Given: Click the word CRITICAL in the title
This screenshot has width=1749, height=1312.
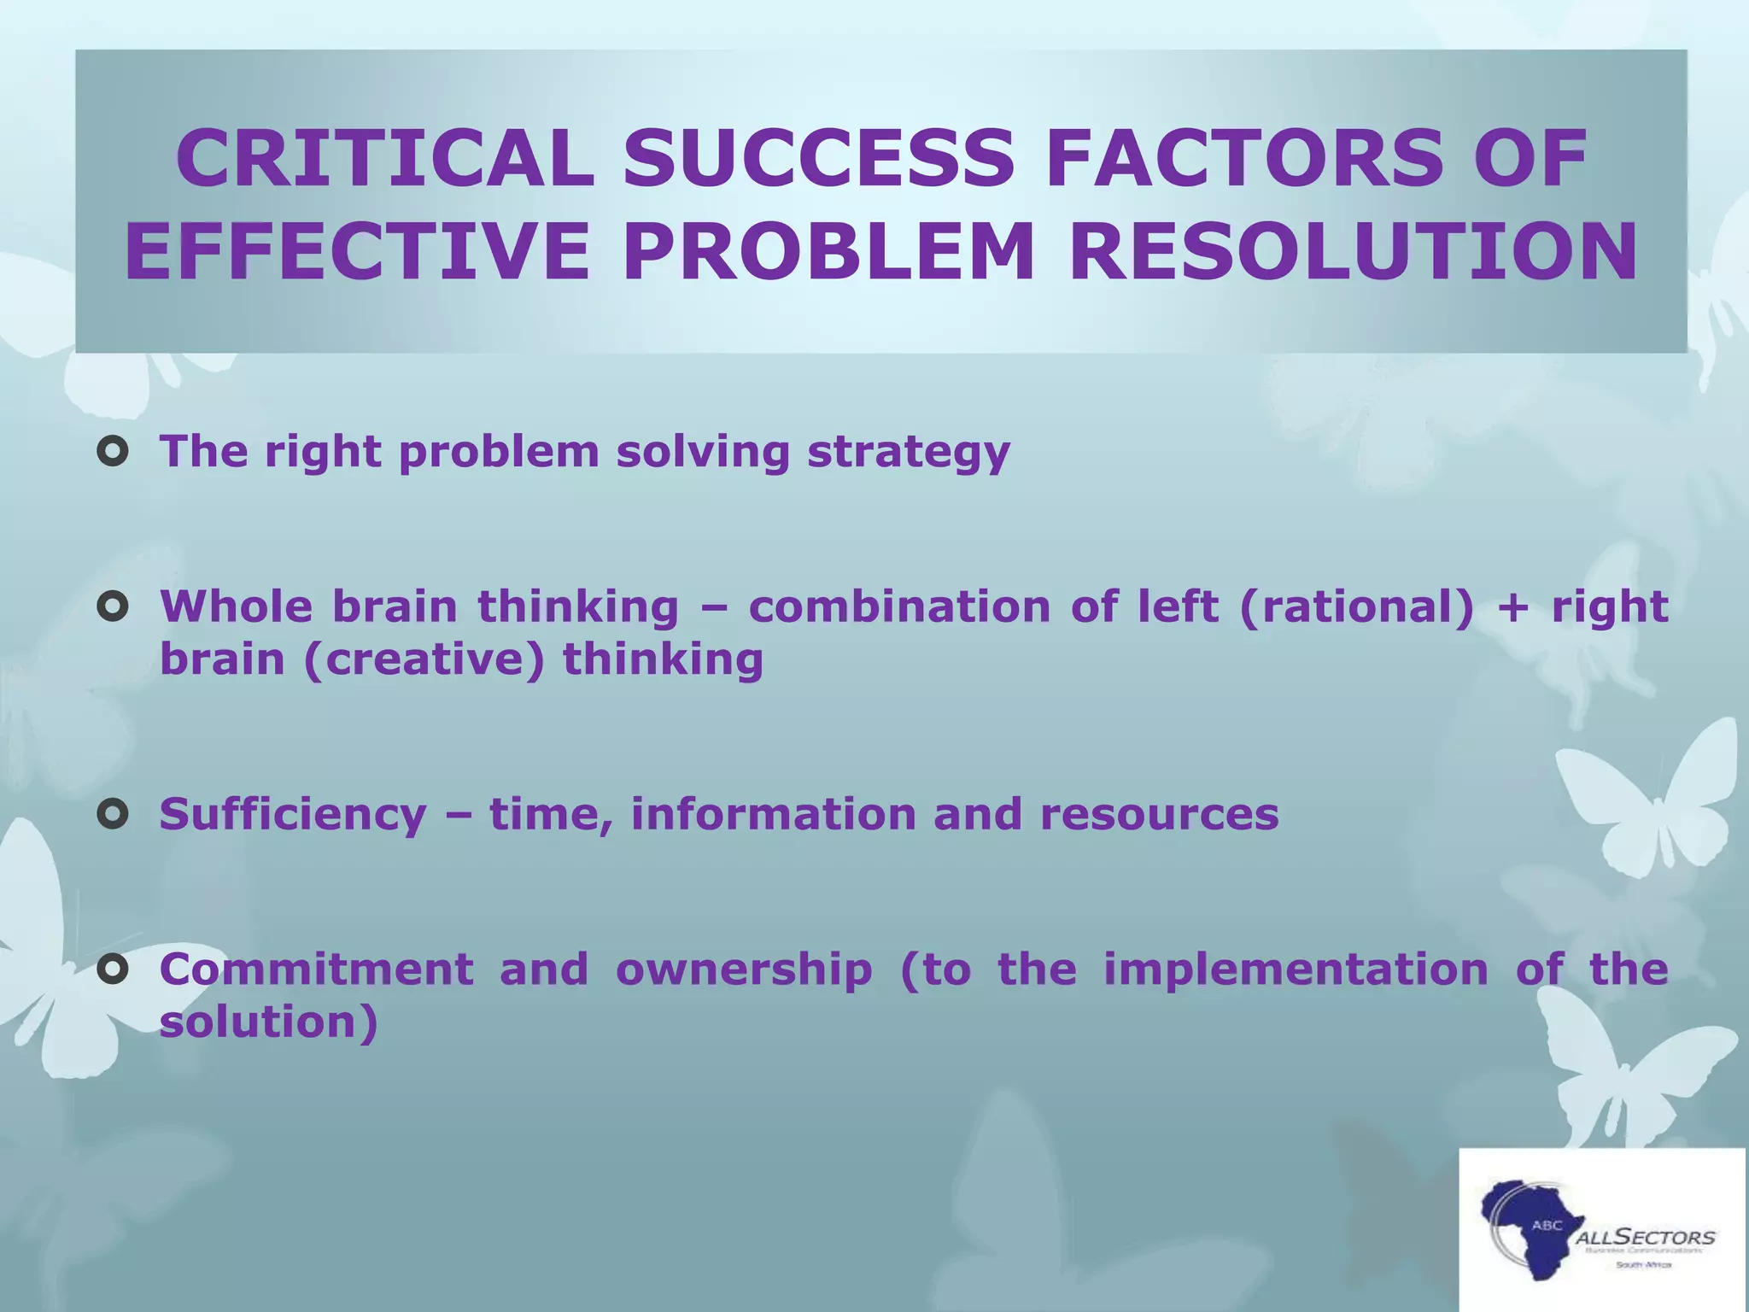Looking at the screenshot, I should point(385,160).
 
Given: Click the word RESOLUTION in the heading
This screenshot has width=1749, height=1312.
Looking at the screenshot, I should point(1353,253).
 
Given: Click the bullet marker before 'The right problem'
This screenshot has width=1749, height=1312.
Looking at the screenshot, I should point(113,453).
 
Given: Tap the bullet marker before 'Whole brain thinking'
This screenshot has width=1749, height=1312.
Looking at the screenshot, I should point(113,607).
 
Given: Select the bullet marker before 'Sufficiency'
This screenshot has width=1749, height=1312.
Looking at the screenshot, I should point(113,815).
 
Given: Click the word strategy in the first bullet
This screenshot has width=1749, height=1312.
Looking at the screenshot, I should point(909,453).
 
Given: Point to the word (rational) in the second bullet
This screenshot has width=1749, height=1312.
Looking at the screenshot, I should point(1355,607).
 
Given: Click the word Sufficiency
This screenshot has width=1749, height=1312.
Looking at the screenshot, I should point(292,815).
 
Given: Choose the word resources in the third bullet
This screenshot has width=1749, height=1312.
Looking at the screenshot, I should point(1159,815).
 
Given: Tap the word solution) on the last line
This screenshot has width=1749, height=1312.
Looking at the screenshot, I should point(268,1022).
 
